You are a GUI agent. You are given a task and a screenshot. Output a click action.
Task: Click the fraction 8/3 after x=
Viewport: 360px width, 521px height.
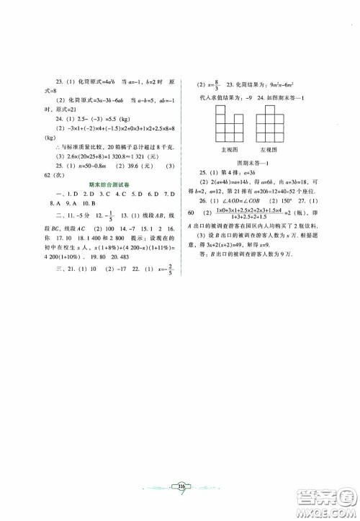pos(216,83)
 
